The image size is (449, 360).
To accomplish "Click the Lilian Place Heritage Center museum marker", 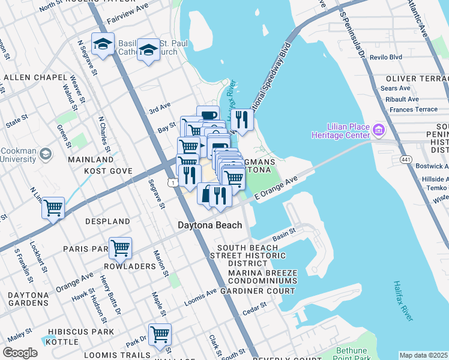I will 379,130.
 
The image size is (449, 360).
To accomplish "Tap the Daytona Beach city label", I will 210,226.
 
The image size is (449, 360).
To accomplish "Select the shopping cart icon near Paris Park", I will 120,247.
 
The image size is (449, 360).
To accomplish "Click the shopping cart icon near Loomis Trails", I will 160,334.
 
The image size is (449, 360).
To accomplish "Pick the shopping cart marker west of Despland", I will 53,208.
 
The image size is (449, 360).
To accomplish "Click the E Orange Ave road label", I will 276,188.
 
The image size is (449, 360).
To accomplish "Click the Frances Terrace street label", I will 414,110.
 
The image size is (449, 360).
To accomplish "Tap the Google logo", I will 20,353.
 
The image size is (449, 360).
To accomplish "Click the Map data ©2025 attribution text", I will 424,355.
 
